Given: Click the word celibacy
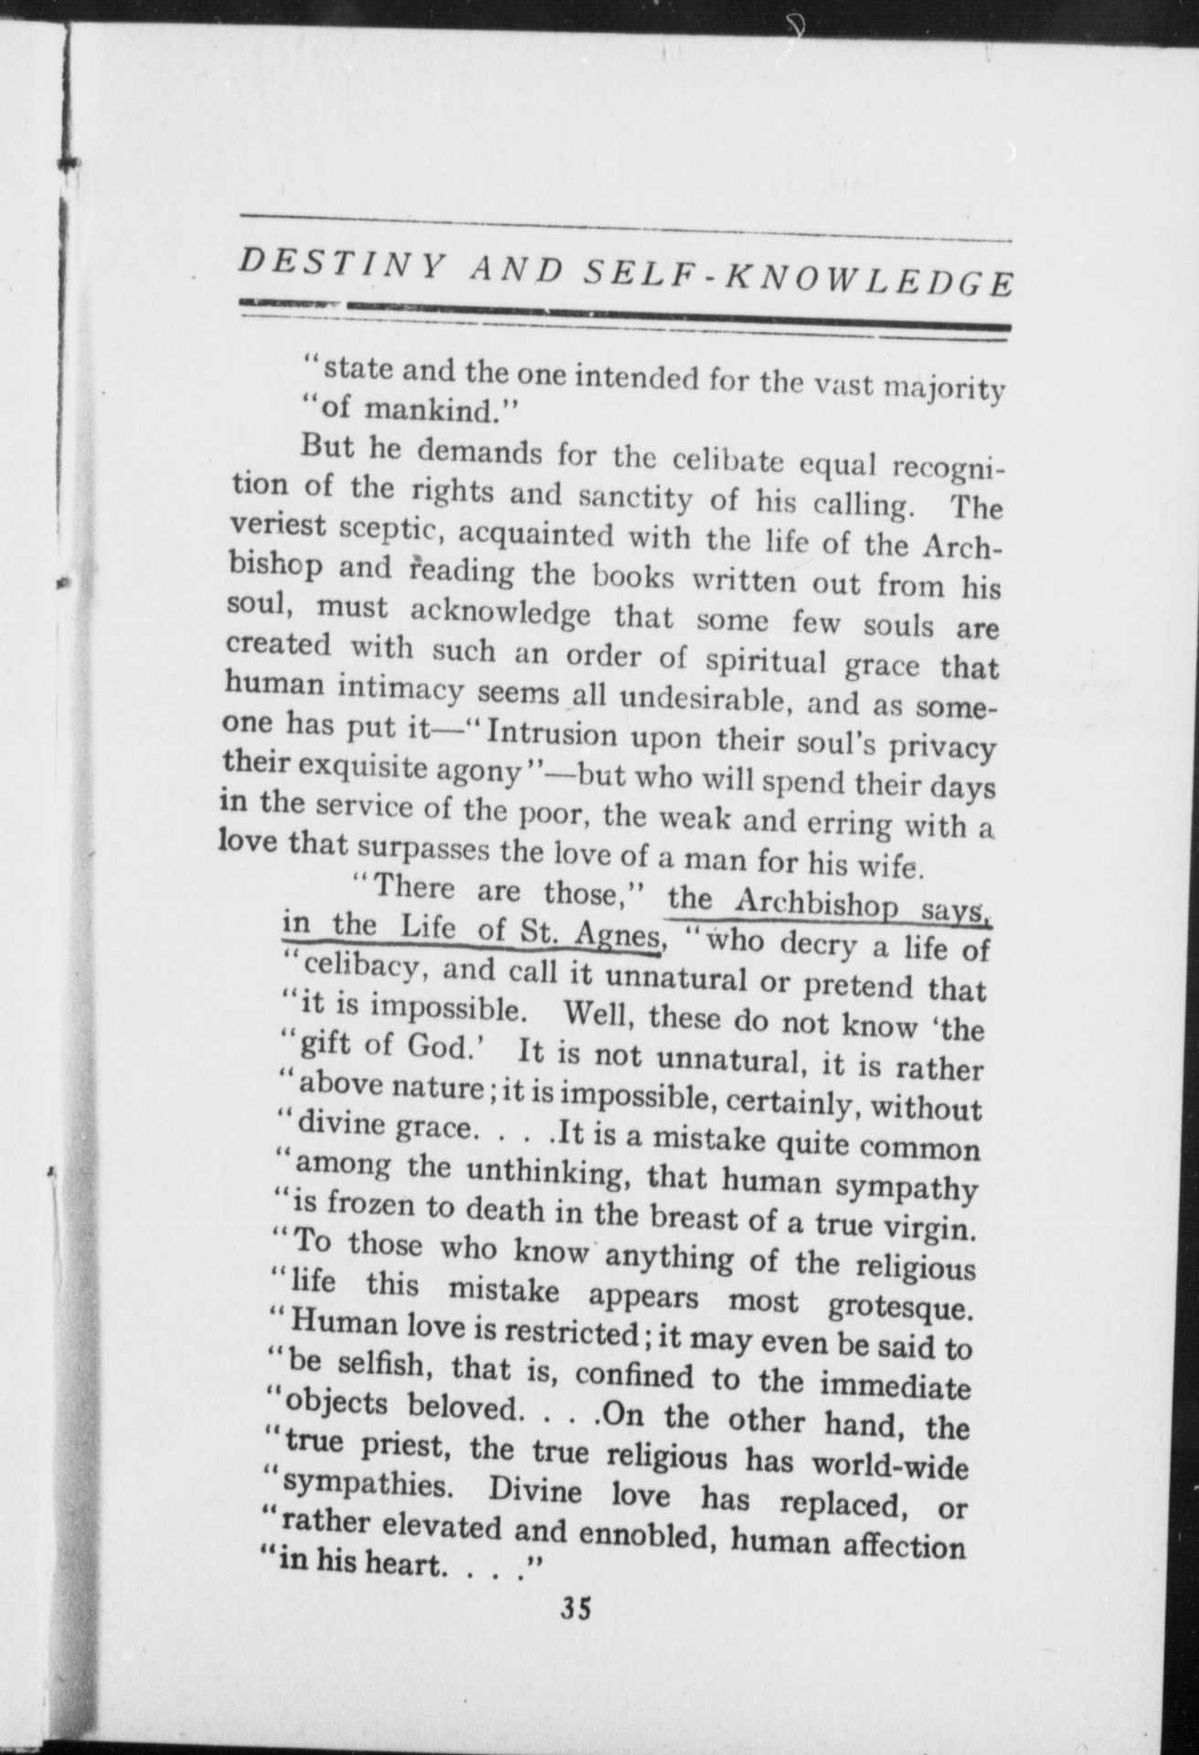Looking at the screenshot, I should tap(365, 969).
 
